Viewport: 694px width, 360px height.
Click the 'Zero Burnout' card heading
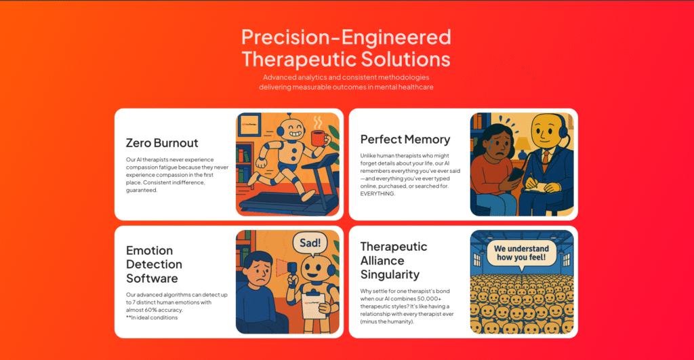point(162,143)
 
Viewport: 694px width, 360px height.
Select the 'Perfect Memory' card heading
point(405,140)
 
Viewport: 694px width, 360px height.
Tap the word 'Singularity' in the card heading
point(390,275)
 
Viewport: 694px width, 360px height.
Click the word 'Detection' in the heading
point(154,264)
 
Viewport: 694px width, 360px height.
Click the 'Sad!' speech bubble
point(310,243)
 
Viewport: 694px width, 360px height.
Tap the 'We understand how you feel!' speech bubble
point(521,254)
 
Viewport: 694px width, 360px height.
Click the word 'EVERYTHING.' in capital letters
point(377,194)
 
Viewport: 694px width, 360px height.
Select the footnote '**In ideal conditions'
point(152,317)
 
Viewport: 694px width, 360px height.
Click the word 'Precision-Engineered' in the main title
point(346,37)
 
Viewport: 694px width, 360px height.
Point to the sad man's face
point(260,272)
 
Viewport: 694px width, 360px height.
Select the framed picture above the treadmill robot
point(251,125)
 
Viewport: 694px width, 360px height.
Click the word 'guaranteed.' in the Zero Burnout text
point(142,191)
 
